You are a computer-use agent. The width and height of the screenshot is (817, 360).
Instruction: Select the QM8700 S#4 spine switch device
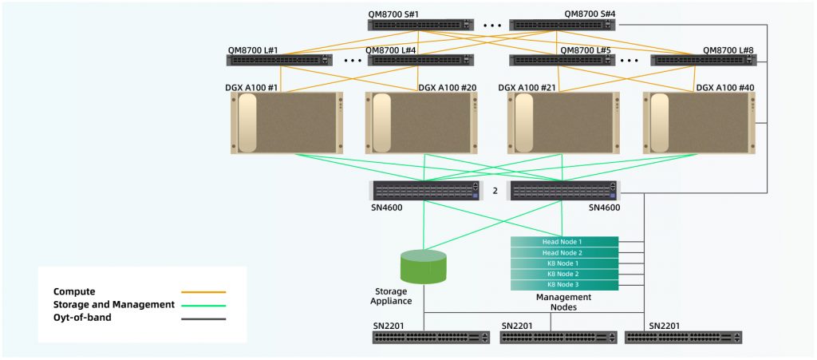point(562,25)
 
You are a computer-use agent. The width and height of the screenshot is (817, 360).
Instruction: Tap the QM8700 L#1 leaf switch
point(280,60)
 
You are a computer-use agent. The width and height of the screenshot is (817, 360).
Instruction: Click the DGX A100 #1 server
point(286,124)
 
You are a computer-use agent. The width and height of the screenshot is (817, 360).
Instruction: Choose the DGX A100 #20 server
point(422,124)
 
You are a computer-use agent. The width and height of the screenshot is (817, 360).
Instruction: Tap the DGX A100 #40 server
point(699,124)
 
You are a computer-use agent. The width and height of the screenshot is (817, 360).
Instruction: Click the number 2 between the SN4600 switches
point(495,191)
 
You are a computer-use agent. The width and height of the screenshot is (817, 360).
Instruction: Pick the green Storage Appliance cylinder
point(424,267)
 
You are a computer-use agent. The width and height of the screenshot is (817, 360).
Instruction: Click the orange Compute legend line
point(203,292)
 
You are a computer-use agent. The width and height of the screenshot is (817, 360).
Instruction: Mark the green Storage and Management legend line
point(203,305)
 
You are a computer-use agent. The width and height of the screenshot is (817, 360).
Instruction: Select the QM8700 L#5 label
point(586,49)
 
